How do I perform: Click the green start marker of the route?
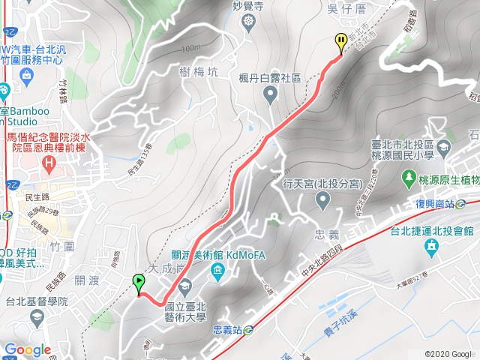pos(139,283)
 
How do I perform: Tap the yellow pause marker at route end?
pos(341,43)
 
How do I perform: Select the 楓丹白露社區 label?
pos(270,77)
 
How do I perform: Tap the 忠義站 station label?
pos(226,328)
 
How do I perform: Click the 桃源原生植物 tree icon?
pos(409,178)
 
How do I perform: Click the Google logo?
pos(27,349)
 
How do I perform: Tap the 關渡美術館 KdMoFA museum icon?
pos(217,270)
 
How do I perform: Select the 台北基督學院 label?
pos(37,302)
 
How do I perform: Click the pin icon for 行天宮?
pos(323,200)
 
